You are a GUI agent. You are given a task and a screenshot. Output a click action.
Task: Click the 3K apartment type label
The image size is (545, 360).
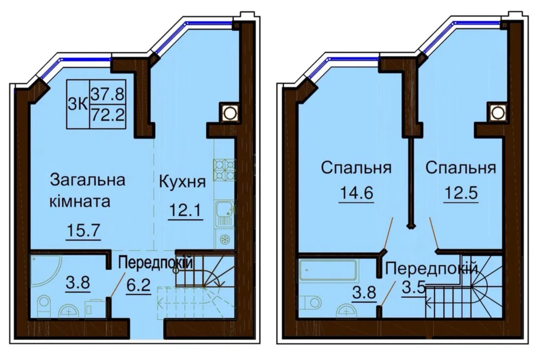(78, 105)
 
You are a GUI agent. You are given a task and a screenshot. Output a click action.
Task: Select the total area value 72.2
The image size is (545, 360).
(108, 115)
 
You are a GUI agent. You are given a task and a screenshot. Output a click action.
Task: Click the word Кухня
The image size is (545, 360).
(182, 182)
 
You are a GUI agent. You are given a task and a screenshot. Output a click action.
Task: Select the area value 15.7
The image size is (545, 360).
(83, 230)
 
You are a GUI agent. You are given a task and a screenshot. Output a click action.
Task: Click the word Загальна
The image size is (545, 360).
(88, 180)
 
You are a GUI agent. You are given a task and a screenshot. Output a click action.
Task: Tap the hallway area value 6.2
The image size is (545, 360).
(139, 285)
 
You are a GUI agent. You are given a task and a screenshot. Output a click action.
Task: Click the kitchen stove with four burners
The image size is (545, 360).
(224, 170)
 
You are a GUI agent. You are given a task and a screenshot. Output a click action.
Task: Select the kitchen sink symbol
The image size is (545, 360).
(224, 214)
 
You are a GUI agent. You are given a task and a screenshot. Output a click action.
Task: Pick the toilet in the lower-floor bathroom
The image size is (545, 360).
(45, 307)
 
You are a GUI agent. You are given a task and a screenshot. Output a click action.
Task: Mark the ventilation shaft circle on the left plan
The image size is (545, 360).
(229, 113)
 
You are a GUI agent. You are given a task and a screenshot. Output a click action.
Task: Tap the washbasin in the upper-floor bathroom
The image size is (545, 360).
(346, 311)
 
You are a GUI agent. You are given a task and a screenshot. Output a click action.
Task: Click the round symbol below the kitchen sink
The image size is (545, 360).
(223, 240)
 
